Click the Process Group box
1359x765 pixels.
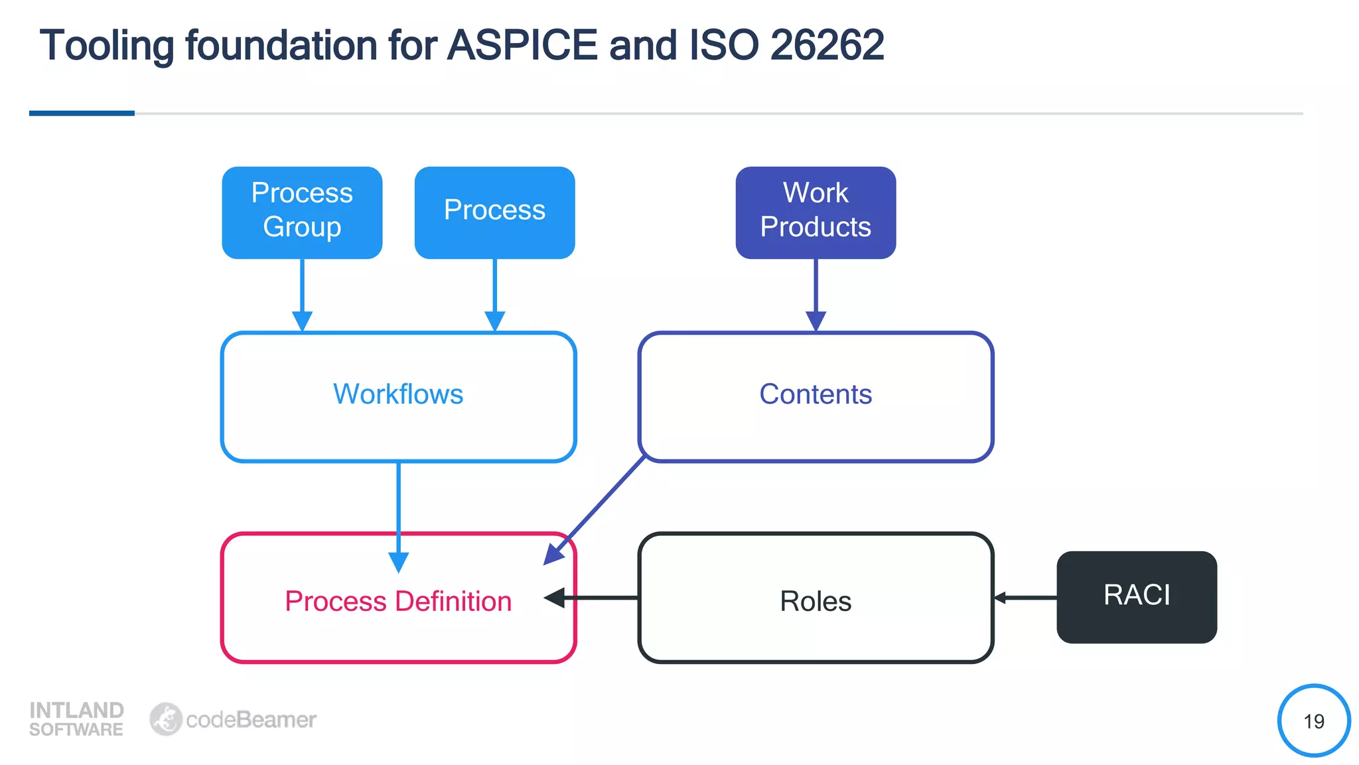pyautogui.click(x=302, y=212)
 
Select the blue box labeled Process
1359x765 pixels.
pyautogui.click(x=494, y=212)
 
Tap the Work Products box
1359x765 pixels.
pyautogui.click(x=816, y=212)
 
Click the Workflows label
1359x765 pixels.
pyautogui.click(x=398, y=394)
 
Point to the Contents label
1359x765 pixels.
pyautogui.click(x=816, y=394)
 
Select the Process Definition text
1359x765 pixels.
pyautogui.click(x=398, y=602)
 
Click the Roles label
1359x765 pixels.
pyautogui.click(x=816, y=602)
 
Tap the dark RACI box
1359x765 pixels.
pyautogui.click(x=1137, y=596)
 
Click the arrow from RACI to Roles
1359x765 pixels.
pyautogui.click(x=1025, y=598)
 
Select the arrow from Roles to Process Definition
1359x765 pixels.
pyautogui.click(x=597, y=598)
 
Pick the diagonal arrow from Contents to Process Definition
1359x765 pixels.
pyautogui.click(x=597, y=508)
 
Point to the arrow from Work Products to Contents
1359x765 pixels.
pyautogui.click(x=816, y=292)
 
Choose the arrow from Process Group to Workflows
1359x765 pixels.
pyautogui.click(x=302, y=292)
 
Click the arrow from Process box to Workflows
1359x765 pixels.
pyautogui.click(x=494, y=292)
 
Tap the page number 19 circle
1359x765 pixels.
pyautogui.click(x=1313, y=721)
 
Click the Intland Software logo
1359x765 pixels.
pyautogui.click(x=76, y=719)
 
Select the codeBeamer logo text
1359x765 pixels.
pyautogui.click(x=251, y=720)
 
